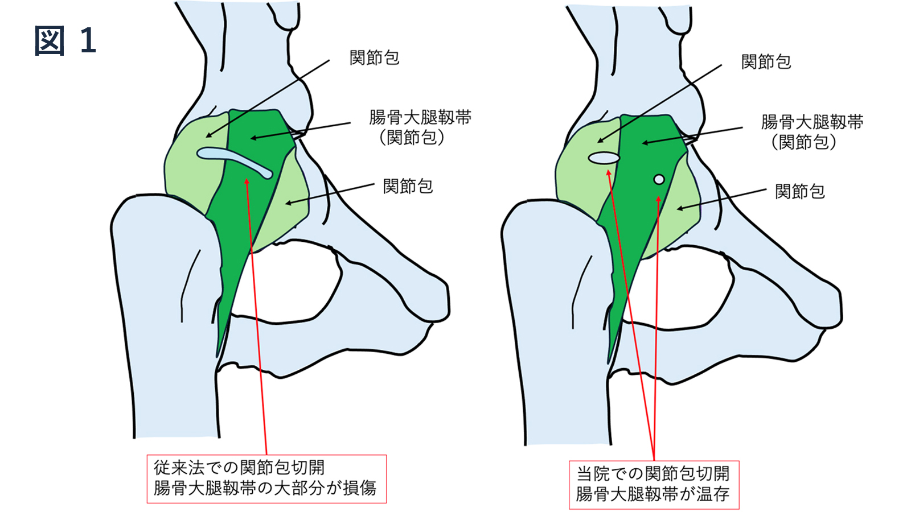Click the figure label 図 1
pyautogui.click(x=65, y=41)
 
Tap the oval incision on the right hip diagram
pyautogui.click(x=604, y=158)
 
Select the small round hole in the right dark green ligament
pyautogui.click(x=659, y=180)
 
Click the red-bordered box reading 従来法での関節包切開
pyautogui.click(x=266, y=478)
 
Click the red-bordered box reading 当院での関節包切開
pyautogui.click(x=654, y=485)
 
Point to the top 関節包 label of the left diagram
pyautogui.click(x=374, y=57)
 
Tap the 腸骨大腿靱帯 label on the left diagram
pyautogui.click(x=420, y=117)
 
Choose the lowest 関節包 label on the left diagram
pyautogui.click(x=408, y=186)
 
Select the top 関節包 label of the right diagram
pyautogui.click(x=766, y=61)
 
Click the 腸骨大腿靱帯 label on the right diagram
pyautogui.click(x=812, y=122)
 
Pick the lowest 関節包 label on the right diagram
pyautogui.click(x=799, y=192)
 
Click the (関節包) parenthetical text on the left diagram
pyautogui.click(x=412, y=138)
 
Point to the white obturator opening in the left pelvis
pyautogui.click(x=285, y=279)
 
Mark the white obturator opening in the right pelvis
pyautogui.click(x=678, y=284)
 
